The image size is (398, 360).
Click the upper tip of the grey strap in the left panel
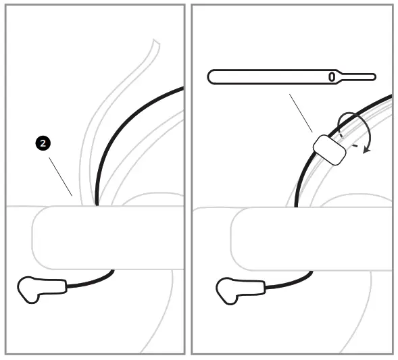(155, 43)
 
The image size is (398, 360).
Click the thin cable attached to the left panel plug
(91, 282)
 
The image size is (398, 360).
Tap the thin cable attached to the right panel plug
(291, 282)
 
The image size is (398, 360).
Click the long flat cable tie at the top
(270, 76)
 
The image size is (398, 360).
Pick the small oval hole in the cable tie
(332, 77)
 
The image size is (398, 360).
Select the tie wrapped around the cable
(329, 149)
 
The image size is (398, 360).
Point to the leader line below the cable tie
(301, 112)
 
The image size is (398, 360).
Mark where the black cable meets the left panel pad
(97, 204)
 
